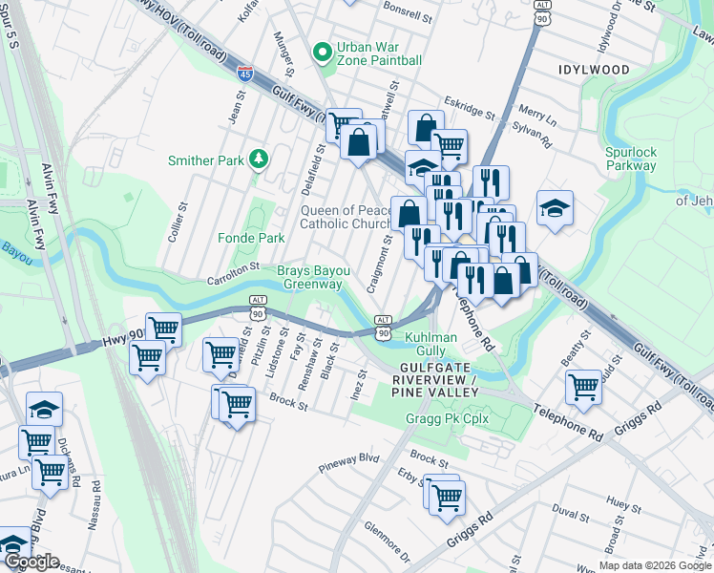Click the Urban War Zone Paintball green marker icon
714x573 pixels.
point(323,52)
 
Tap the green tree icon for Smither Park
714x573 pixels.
point(257,159)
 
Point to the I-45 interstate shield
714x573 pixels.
point(245,71)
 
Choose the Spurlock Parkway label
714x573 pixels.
point(631,159)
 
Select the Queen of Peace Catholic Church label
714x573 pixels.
point(345,217)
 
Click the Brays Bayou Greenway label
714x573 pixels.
point(313,277)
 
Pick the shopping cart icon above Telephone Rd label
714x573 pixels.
point(583,387)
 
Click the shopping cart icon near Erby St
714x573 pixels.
point(446,497)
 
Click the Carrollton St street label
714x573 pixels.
point(234,273)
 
